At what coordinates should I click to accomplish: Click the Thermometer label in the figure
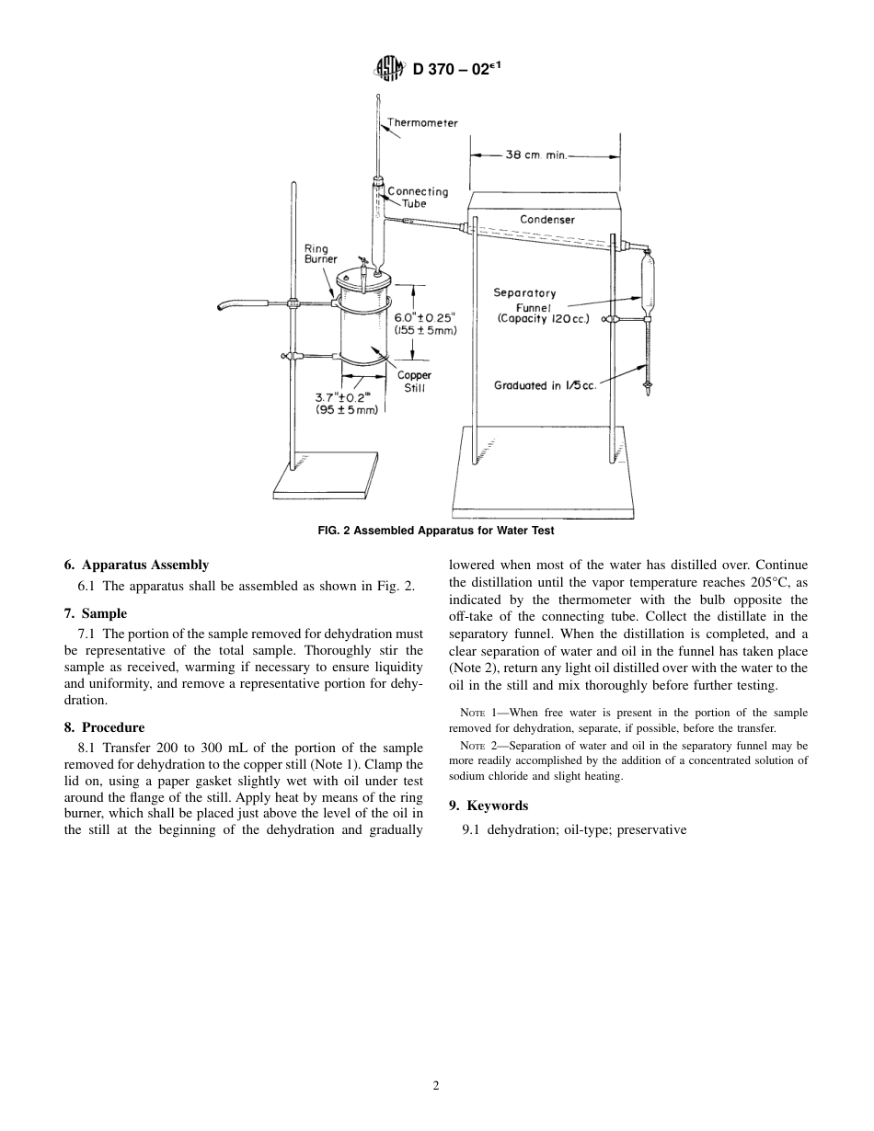pyautogui.click(x=422, y=122)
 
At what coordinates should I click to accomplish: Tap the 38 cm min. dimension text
pyautogui.click(x=536, y=155)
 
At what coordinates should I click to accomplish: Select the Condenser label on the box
pyautogui.click(x=546, y=220)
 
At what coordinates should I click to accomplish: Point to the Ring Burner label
pyautogui.click(x=321, y=254)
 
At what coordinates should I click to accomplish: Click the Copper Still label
pyautogui.click(x=414, y=381)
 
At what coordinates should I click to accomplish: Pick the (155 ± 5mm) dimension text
pyautogui.click(x=425, y=330)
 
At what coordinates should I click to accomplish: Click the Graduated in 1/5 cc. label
pyautogui.click(x=545, y=385)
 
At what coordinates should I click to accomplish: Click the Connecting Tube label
pyautogui.click(x=418, y=197)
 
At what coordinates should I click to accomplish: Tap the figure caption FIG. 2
pyautogui.click(x=436, y=531)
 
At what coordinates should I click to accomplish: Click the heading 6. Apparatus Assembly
pyautogui.click(x=136, y=565)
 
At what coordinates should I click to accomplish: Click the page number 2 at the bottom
pyautogui.click(x=436, y=1085)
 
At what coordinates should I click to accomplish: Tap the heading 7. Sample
pyautogui.click(x=96, y=613)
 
